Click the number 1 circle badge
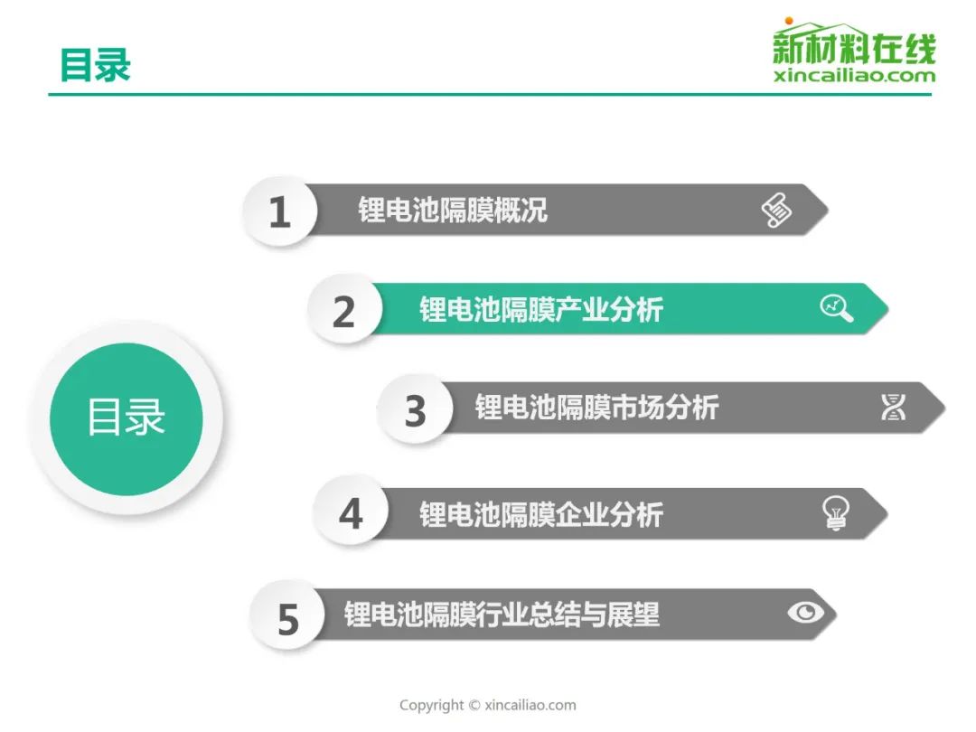tap(280, 211)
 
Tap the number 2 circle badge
tap(344, 310)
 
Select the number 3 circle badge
tap(414, 409)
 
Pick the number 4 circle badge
tap(351, 512)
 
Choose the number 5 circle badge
tap(287, 617)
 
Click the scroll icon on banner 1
tap(777, 210)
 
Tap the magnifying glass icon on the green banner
tap(837, 307)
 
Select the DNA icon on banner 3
tap(893, 407)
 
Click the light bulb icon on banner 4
tap(835, 513)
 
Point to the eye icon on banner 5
tap(805, 613)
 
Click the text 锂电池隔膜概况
tap(453, 210)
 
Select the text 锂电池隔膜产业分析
tap(541, 309)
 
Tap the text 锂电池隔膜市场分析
tap(597, 408)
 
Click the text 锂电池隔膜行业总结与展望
tap(502, 614)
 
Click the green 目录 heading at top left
tap(95, 65)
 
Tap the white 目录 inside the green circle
tap(127, 417)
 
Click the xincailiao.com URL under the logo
tap(854, 76)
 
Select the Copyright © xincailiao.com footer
tap(488, 705)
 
